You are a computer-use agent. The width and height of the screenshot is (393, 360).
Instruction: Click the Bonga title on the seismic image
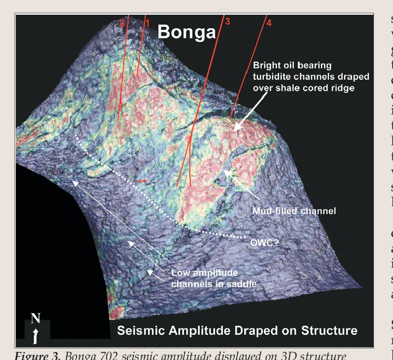point(187,33)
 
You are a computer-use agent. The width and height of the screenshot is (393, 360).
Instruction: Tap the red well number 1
point(148,23)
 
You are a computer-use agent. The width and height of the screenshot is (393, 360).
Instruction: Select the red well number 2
point(122,23)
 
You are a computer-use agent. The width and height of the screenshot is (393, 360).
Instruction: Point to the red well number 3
point(227,22)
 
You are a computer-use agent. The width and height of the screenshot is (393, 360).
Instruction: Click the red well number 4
point(269,24)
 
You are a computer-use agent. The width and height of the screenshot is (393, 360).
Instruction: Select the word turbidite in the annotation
point(271,77)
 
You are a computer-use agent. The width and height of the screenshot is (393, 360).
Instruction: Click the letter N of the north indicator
point(35,318)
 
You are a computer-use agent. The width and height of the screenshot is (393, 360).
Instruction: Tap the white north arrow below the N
point(35,335)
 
